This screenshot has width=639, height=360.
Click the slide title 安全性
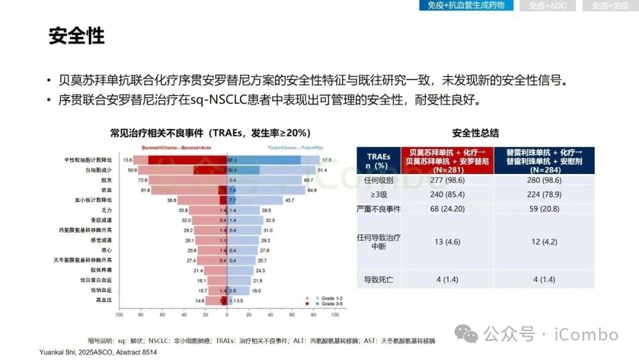click(76, 37)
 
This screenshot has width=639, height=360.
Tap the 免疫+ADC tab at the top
click(547, 5)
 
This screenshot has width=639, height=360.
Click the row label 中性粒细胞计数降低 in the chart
click(88, 160)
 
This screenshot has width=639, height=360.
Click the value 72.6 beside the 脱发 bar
click(143, 179)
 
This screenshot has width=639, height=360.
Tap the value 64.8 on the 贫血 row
click(312, 190)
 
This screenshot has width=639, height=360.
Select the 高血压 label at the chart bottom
click(105, 300)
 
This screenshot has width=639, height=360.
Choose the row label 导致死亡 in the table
click(379, 279)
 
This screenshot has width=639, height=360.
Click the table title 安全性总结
click(475, 133)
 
